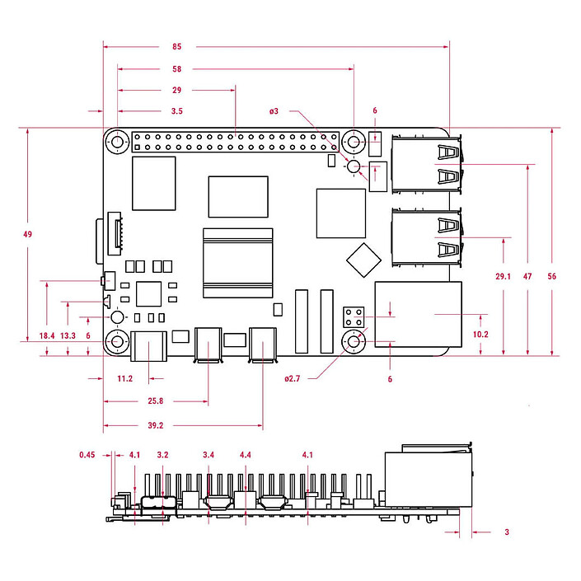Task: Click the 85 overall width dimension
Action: pos(176,46)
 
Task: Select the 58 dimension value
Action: pos(176,68)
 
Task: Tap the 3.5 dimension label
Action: pos(176,110)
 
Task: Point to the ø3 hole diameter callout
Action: pos(274,110)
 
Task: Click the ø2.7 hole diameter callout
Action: pos(293,379)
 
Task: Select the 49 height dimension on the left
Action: pos(27,235)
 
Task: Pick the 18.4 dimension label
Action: pos(46,335)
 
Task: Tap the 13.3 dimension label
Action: pos(68,335)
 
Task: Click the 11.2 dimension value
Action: pos(125,379)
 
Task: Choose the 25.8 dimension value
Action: pos(154,401)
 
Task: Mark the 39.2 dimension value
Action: pos(154,426)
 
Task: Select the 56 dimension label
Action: pos(551,276)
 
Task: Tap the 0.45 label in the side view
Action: pos(88,454)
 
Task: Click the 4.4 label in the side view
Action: pos(245,454)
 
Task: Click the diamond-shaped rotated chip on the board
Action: pos(363,259)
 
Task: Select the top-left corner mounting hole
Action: pos(117,143)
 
